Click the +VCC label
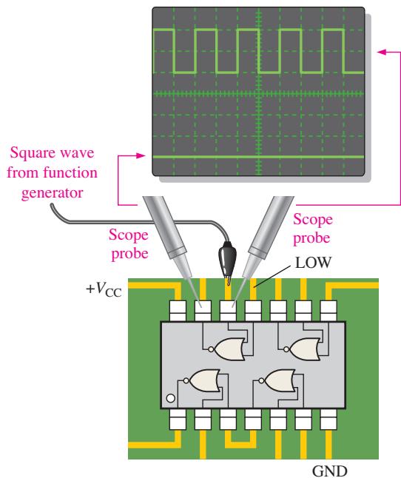(x=104, y=289)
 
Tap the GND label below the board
(x=330, y=471)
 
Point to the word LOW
(x=313, y=263)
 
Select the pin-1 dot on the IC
(x=171, y=398)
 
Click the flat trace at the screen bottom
(x=258, y=157)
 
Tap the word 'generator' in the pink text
(x=52, y=193)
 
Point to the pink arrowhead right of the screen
(x=382, y=52)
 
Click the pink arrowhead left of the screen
(x=141, y=156)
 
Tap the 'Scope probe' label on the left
(x=129, y=244)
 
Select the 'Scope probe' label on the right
(x=312, y=229)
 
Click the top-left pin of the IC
(x=178, y=311)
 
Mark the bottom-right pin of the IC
(x=328, y=419)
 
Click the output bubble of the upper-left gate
(x=211, y=349)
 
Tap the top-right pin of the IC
(x=328, y=311)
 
